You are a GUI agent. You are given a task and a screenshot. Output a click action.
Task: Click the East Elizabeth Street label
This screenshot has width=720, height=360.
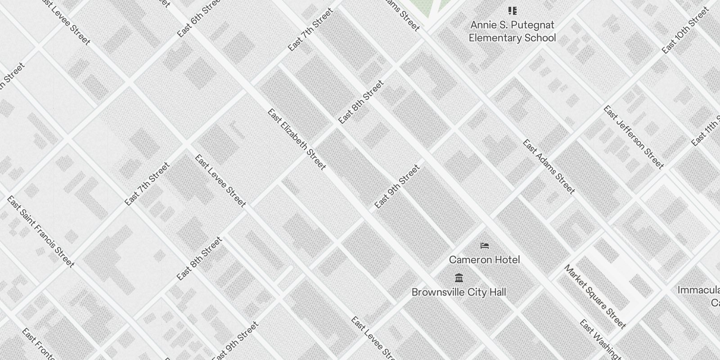point(297,139)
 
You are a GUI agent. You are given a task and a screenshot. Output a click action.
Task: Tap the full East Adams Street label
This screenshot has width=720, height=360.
point(549,166)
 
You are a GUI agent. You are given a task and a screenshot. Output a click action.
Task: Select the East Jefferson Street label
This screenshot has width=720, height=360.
point(634,137)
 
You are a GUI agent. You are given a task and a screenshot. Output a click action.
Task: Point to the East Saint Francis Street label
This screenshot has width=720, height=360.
point(40,231)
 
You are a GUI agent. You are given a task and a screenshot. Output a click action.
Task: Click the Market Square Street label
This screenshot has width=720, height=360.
point(595,297)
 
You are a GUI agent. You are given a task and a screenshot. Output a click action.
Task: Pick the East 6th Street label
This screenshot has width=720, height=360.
point(198,18)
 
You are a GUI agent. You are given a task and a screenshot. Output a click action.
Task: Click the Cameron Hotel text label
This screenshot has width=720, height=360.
point(484,260)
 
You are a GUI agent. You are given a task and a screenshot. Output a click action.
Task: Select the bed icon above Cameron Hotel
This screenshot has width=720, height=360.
point(484,246)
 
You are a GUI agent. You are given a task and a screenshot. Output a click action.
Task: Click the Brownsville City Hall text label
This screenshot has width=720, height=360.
point(459,292)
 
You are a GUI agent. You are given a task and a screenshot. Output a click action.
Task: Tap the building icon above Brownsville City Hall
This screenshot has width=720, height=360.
point(459,278)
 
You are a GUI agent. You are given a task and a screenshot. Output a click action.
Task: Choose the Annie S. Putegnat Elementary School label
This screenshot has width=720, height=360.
point(512,31)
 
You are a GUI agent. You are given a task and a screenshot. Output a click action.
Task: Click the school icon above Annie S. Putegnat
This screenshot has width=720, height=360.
point(512,11)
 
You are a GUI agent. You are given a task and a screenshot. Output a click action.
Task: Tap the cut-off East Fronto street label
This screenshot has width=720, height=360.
point(38,344)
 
